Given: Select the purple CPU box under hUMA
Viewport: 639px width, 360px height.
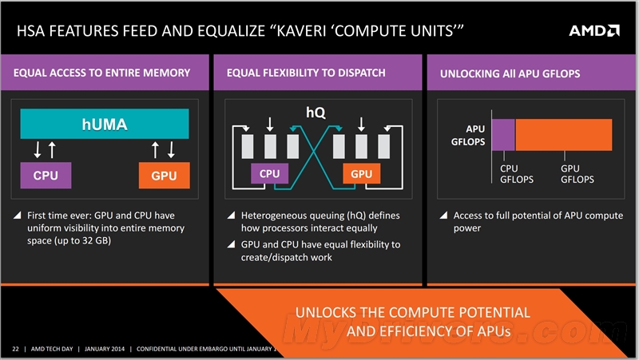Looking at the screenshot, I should (45, 175).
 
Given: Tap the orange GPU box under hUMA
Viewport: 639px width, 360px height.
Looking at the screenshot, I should (164, 175).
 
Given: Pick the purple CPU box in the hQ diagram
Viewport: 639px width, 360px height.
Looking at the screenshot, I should (270, 173).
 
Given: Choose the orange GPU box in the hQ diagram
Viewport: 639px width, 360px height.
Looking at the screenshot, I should (362, 173).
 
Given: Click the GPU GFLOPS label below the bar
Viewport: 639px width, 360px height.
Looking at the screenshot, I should (577, 174).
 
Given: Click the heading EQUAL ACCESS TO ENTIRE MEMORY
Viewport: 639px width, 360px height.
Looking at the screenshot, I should (102, 73).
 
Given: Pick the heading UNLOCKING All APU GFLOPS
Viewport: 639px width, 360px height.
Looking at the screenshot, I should (510, 73).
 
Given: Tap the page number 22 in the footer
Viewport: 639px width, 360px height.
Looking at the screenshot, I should (15, 350).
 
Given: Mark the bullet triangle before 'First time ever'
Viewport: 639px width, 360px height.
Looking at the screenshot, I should (17, 216).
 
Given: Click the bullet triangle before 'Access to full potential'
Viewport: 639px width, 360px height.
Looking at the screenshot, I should (443, 216).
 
